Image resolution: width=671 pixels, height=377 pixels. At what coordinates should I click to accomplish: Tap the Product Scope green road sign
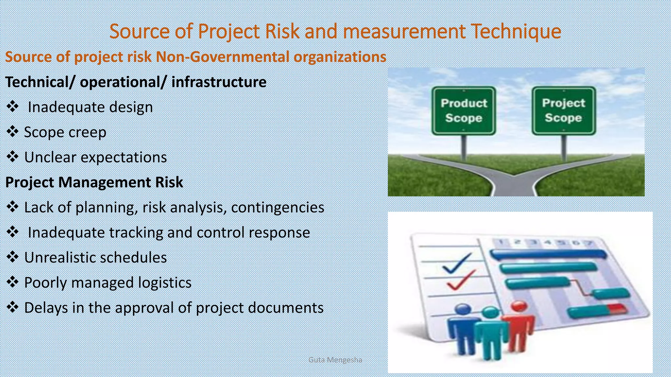point(464,111)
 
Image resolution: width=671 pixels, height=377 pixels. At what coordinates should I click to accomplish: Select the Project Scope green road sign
point(564,110)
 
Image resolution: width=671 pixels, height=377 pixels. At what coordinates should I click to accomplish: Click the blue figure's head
point(463,309)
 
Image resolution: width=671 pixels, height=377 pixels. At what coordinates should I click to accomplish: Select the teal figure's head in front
point(490,313)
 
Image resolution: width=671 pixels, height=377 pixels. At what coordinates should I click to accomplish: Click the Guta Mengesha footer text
point(335,360)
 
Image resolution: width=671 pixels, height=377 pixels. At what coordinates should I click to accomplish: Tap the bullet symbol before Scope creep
point(12,132)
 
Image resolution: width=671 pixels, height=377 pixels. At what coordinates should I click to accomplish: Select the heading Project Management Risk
point(94,182)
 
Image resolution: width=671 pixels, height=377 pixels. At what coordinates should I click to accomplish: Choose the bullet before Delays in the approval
point(12,307)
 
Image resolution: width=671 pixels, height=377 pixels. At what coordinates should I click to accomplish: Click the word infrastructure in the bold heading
point(219,82)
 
